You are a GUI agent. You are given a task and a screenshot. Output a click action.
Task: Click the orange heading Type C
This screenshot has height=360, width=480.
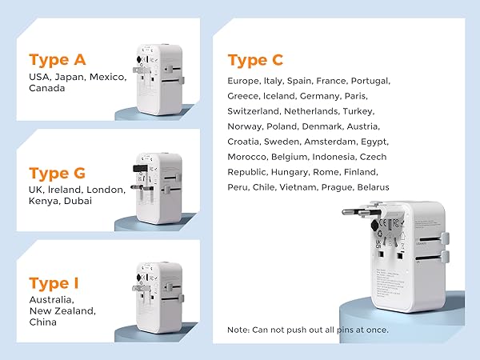255,60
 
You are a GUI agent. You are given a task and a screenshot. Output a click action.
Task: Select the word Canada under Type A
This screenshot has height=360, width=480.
46,88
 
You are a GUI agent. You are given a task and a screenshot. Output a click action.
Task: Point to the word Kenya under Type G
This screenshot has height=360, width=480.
43,201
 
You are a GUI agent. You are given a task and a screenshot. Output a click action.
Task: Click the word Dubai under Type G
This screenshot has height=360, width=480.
78,201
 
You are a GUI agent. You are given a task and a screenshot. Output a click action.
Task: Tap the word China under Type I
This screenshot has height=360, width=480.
43,322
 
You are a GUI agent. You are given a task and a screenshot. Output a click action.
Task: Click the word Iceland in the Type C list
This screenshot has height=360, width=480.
279,95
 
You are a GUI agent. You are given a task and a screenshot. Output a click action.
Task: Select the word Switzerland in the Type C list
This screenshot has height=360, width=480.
255,110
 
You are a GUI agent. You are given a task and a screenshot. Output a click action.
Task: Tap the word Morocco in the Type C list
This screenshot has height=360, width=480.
249,156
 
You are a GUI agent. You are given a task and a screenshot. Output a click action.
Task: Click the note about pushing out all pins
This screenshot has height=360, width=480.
307,330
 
